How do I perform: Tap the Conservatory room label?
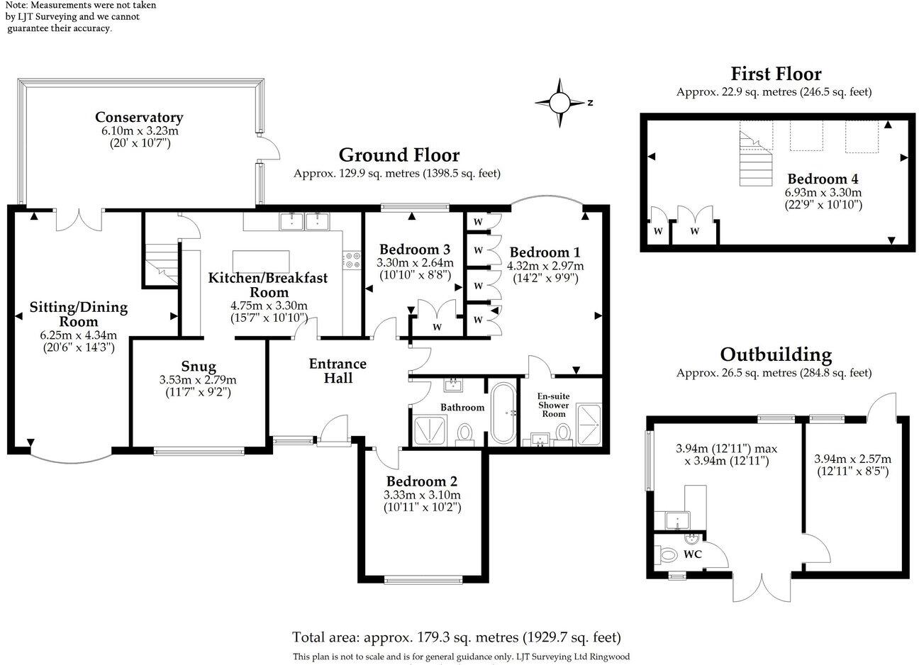139,117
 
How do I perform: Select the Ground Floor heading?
399,155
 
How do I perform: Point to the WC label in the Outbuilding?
692,554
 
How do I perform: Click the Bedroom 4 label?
817,179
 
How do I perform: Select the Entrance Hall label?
338,371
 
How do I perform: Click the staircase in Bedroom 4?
754,160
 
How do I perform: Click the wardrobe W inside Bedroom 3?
437,327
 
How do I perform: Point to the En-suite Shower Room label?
554,405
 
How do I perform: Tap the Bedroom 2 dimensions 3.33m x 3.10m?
422,495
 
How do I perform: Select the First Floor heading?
776,74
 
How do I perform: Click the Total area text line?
457,637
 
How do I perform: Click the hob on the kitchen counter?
350,260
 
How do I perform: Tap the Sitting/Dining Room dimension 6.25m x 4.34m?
78,335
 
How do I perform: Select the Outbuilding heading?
776,354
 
